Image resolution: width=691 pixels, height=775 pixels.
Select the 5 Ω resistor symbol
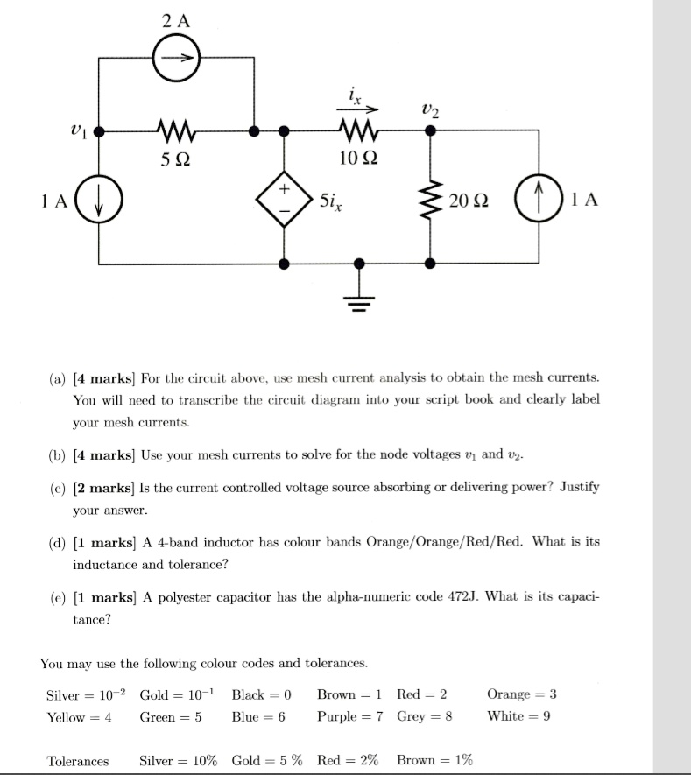[176, 132]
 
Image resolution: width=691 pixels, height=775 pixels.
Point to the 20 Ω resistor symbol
[430, 201]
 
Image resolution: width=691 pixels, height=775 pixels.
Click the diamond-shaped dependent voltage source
[284, 201]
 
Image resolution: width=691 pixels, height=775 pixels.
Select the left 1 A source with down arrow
[98, 201]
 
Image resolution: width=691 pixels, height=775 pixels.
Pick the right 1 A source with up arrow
[538, 201]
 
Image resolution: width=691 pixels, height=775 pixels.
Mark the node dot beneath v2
[430, 131]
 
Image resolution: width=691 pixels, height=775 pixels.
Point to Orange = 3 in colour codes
[521, 694]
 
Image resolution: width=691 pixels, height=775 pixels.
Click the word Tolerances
[78, 760]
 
